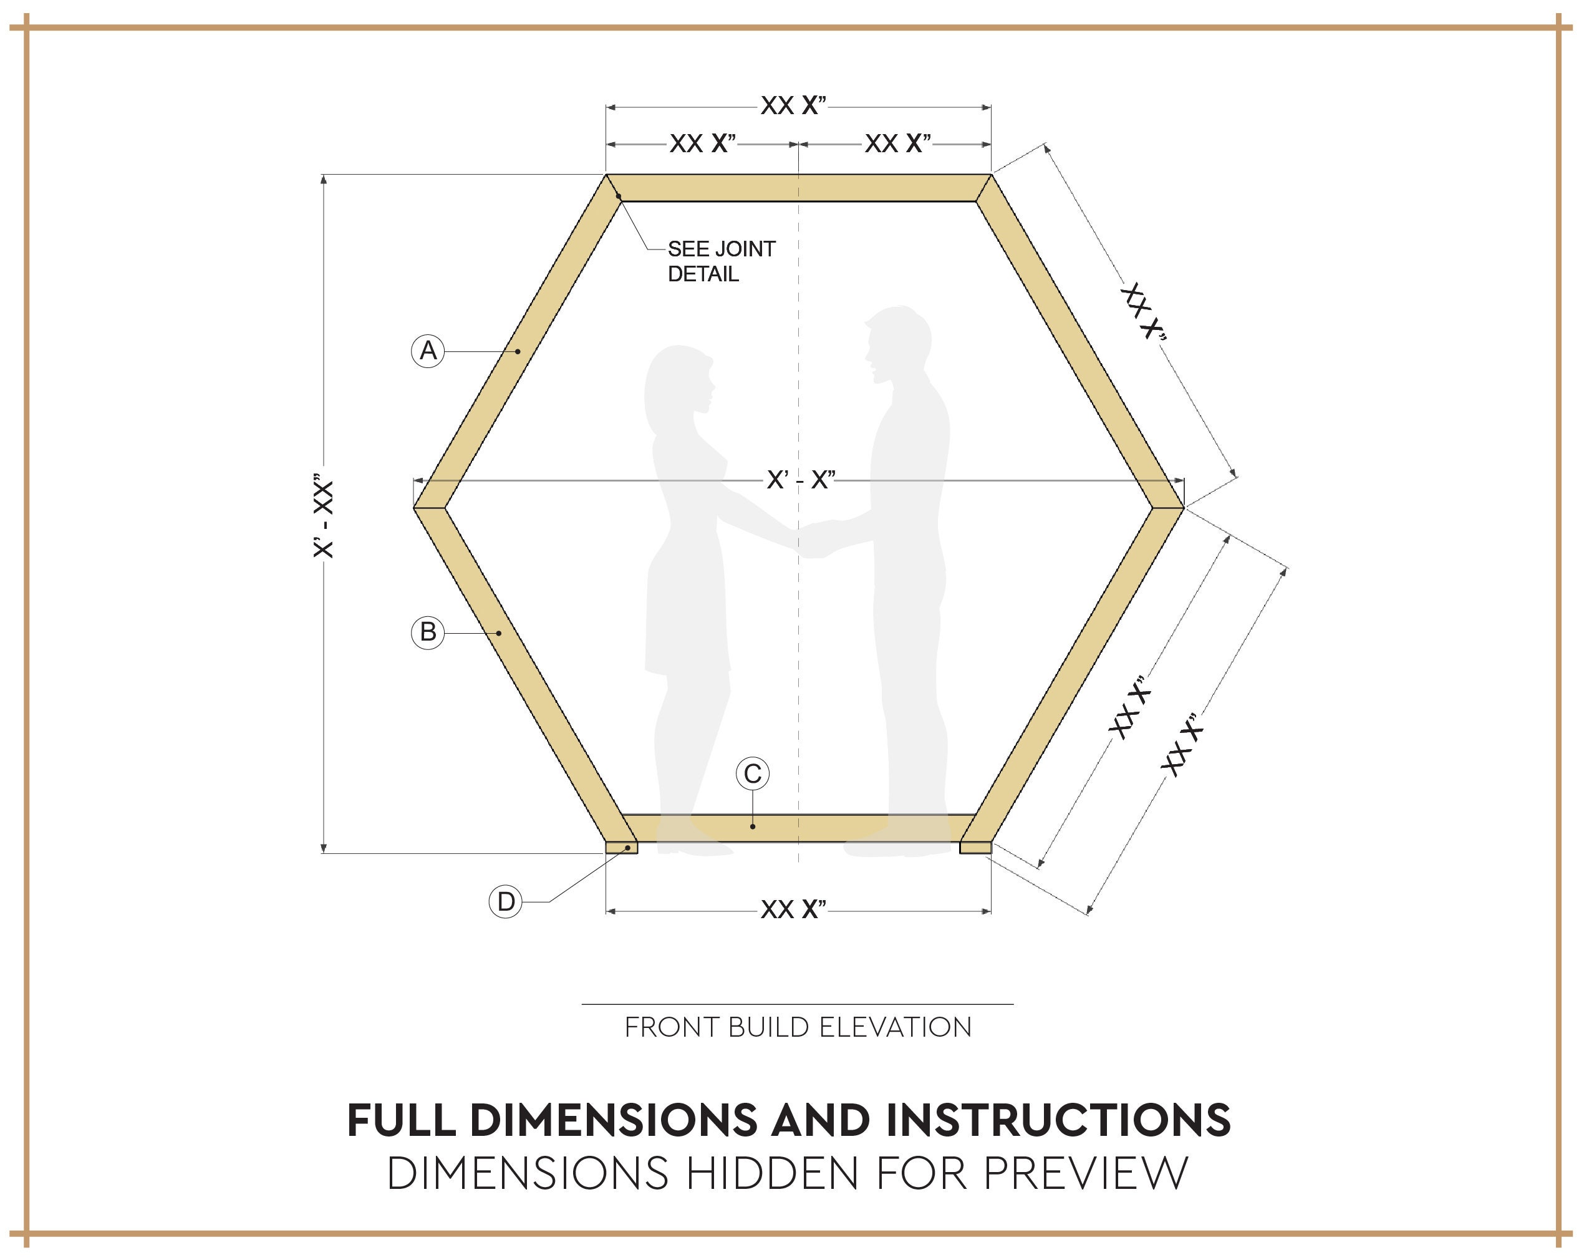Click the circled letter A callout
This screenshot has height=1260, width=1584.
pyautogui.click(x=428, y=351)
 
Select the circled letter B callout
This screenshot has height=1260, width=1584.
pyautogui.click(x=428, y=632)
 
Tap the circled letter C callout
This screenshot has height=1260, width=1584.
pyautogui.click(x=752, y=773)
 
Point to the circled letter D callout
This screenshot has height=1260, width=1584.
pyautogui.click(x=506, y=901)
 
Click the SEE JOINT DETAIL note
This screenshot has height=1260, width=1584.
pyautogui.click(x=720, y=261)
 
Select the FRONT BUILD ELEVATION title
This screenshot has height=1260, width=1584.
pyautogui.click(x=798, y=1027)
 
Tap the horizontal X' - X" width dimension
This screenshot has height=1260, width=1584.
pyautogui.click(x=801, y=480)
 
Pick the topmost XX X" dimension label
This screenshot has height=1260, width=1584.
pyautogui.click(x=793, y=106)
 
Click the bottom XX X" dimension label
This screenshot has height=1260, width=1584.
pyautogui.click(x=793, y=909)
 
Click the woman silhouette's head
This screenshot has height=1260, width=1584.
pyautogui.click(x=680, y=382)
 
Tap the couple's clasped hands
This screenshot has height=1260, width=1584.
pyautogui.click(x=814, y=540)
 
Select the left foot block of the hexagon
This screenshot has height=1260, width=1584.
pyautogui.click(x=622, y=848)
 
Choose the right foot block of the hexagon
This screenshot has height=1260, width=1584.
pyautogui.click(x=975, y=848)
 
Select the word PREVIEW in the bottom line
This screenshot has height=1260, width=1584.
pyautogui.click(x=1085, y=1173)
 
